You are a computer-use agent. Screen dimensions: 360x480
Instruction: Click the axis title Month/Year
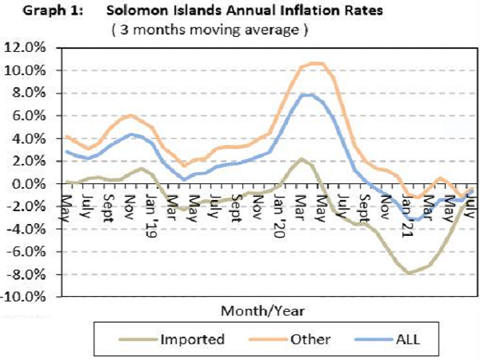[262, 309]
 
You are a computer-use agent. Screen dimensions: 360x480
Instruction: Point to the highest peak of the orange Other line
[315, 63]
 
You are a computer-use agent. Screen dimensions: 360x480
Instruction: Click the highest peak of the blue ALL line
[306, 94]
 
